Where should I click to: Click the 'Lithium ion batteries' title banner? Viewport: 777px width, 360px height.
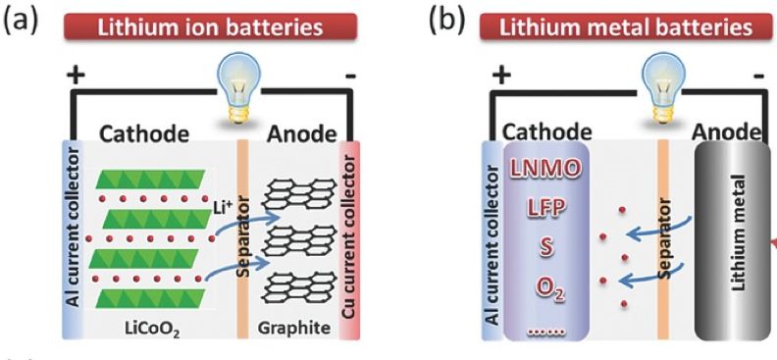coord(210,26)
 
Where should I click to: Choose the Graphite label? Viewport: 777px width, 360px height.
coord(294,329)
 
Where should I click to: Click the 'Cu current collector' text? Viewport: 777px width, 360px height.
coord(349,237)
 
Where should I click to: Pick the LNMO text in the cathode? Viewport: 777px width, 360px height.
coord(544,170)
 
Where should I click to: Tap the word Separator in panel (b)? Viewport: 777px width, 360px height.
coord(664,241)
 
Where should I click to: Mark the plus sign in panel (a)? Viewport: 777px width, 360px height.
coord(76,76)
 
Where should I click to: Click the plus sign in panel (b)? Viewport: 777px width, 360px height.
coord(501,76)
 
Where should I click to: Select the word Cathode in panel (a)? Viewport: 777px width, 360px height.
coord(144,133)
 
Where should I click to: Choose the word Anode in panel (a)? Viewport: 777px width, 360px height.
coord(301,133)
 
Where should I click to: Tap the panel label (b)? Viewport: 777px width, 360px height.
coord(447,22)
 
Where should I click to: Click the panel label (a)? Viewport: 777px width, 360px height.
coord(22,22)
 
